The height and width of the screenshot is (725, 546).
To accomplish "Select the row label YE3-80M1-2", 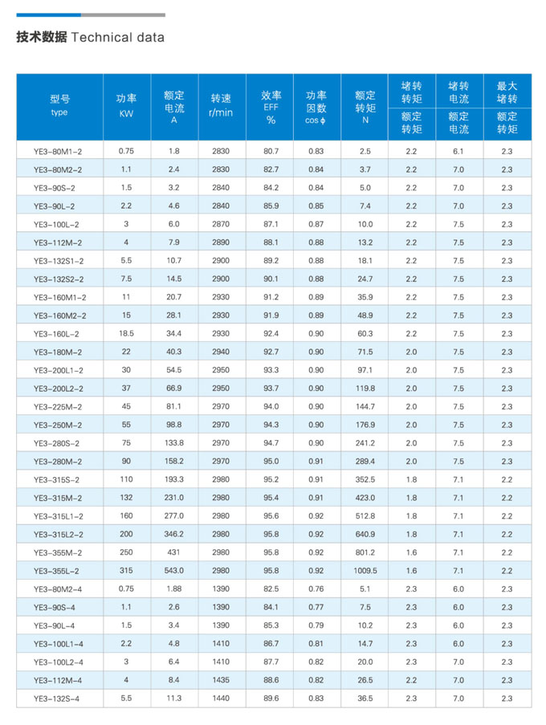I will tap(58, 151).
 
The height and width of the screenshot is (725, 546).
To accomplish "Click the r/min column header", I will tap(220, 106).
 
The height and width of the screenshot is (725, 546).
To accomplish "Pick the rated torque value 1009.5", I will tap(365, 571).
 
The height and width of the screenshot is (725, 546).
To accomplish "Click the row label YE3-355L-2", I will tap(58, 571).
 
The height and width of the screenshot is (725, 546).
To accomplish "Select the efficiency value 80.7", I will tap(271, 151).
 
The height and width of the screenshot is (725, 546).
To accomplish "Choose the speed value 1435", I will tap(220, 680).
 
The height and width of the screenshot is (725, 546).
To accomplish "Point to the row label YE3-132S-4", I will tap(58, 699).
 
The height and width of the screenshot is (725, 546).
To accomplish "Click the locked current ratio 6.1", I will tap(458, 151).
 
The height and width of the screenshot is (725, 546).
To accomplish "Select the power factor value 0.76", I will tap(316, 589).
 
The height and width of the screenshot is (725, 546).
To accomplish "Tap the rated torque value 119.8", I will tap(365, 388).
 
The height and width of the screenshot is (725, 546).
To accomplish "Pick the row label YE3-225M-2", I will tap(58, 406).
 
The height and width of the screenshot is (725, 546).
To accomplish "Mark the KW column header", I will tap(126, 106).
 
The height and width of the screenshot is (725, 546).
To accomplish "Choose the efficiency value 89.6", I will tap(271, 699).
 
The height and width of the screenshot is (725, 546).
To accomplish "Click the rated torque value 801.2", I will tap(365, 552).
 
